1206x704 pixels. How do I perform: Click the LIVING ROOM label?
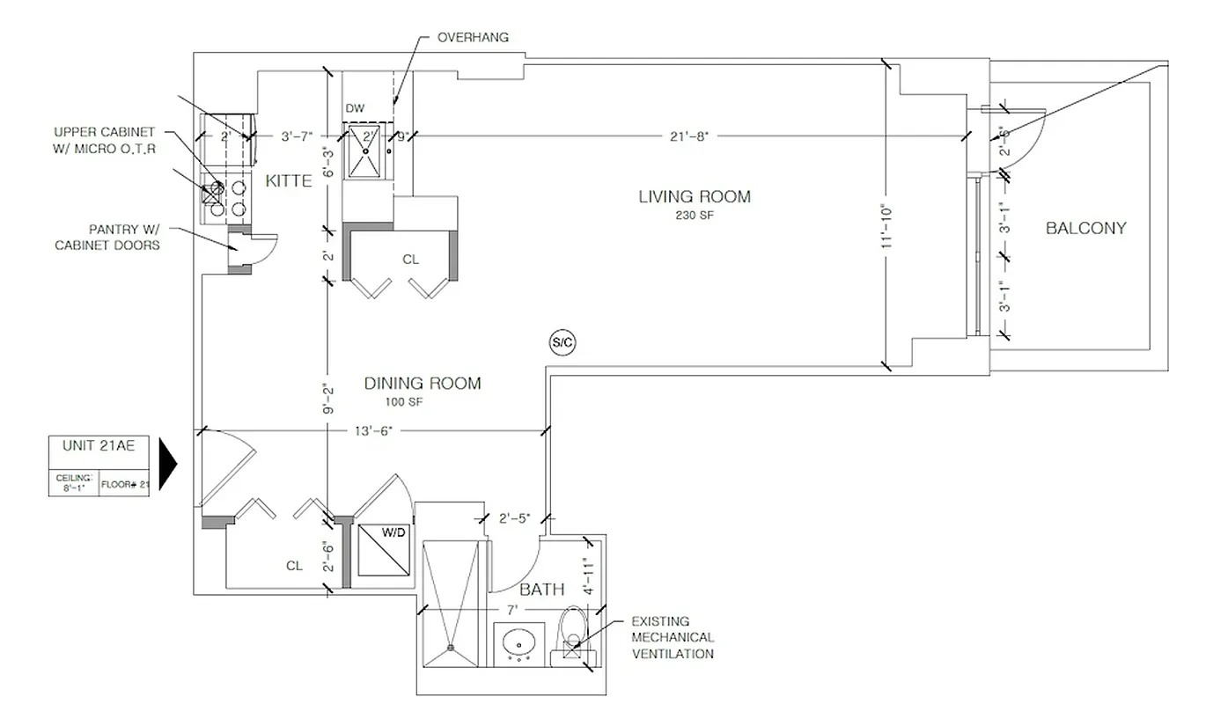tap(695, 196)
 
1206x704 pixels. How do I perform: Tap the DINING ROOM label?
tap(423, 383)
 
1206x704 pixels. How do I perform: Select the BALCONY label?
tap(1085, 228)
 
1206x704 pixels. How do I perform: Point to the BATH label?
tap(541, 590)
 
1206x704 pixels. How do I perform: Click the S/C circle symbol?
tap(562, 343)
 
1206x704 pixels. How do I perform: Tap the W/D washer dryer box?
tap(383, 551)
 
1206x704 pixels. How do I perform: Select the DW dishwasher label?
tap(355, 108)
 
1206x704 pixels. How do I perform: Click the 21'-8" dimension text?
tap(688, 136)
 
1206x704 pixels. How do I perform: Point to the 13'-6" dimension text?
tap(371, 430)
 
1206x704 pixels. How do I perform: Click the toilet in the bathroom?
tap(572, 627)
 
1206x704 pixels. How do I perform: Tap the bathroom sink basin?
tap(521, 642)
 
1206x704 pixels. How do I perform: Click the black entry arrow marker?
tap(169, 463)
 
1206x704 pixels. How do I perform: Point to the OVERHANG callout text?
tap(473, 38)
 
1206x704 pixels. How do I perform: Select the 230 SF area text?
tap(695, 214)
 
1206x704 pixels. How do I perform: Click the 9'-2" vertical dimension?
tap(327, 398)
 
